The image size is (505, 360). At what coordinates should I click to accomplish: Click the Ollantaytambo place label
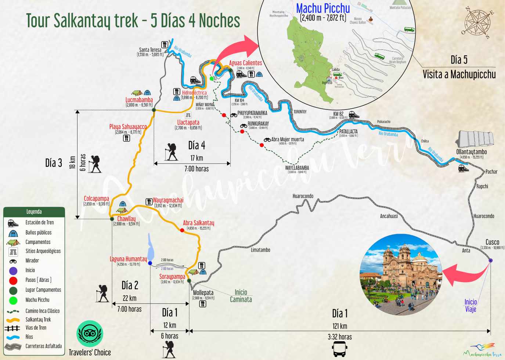[x=472, y=152]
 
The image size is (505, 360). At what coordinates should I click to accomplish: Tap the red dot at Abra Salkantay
[x=182, y=230]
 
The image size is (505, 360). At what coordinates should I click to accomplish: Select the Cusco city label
[x=492, y=242]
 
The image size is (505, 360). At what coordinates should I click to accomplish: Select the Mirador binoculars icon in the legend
[x=13, y=261]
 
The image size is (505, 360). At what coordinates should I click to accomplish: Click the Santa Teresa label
[x=150, y=50]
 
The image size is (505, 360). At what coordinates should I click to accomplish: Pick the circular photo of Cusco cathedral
[x=400, y=274]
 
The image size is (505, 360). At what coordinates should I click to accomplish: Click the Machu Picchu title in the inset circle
[x=323, y=8]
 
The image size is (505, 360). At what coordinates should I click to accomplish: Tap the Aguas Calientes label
[x=245, y=63]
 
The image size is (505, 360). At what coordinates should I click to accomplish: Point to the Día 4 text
[x=196, y=145]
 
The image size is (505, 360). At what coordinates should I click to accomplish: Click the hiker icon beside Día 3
[x=94, y=164]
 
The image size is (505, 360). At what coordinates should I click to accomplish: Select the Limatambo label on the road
[x=260, y=250]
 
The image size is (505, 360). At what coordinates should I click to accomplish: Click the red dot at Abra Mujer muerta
[x=261, y=145]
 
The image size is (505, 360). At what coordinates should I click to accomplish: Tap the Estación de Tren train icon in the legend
[x=13, y=223]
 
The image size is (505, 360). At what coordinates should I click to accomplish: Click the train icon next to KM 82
[x=354, y=115]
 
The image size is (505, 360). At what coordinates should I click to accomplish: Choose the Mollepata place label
[x=203, y=293]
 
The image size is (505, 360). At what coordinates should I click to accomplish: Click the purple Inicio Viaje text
[x=470, y=305]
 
